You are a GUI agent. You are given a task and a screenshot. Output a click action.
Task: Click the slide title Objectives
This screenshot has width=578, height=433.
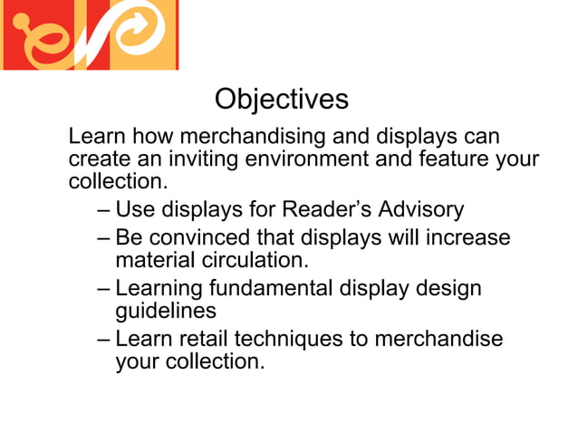[x=281, y=98]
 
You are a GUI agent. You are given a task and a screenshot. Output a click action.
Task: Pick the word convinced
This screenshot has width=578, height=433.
[x=193, y=238]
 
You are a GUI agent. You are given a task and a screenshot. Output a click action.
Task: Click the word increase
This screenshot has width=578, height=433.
[x=465, y=238]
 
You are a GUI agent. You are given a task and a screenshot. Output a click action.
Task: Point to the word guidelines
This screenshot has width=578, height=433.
[x=166, y=311]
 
